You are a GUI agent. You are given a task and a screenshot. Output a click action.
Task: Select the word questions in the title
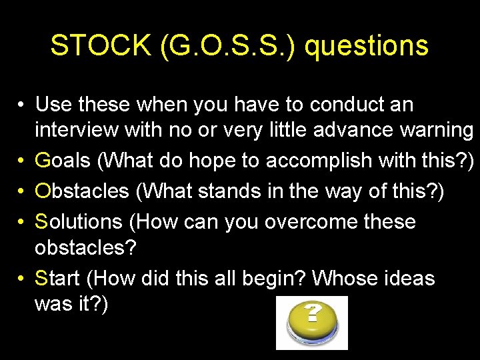[367, 45]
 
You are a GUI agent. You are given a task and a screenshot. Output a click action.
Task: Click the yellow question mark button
[312, 322]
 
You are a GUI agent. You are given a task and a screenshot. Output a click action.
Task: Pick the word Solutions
[79, 221]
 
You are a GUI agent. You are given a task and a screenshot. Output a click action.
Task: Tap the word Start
[57, 278]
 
